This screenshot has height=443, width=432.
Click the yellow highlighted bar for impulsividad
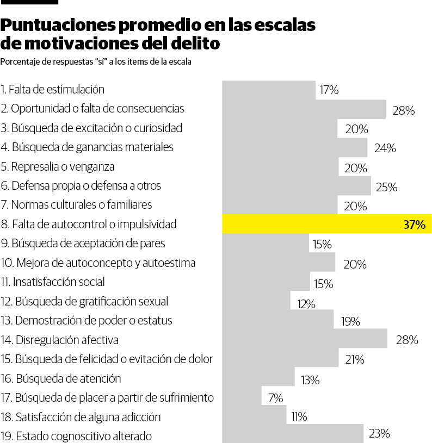[326, 224]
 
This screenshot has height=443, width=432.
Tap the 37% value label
[414, 224]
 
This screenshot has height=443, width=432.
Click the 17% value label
[329, 90]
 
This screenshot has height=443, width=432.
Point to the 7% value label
[275, 398]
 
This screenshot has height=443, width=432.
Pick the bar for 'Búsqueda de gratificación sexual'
[256, 301]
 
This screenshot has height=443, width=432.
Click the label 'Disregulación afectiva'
[59, 340]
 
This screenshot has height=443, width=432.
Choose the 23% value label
[379, 434]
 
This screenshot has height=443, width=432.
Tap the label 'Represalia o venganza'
[58, 166]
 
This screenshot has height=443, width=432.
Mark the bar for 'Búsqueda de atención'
[258, 378]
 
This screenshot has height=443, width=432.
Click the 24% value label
[385, 148]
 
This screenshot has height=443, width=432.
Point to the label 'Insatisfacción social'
[53, 282]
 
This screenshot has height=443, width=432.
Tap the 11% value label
[299, 417]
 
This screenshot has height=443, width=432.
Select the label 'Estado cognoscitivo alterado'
[76, 436]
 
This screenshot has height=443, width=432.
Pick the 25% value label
[386, 188]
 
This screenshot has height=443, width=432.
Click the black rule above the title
[29, 3]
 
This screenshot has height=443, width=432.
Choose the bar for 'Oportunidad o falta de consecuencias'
[304, 109]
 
